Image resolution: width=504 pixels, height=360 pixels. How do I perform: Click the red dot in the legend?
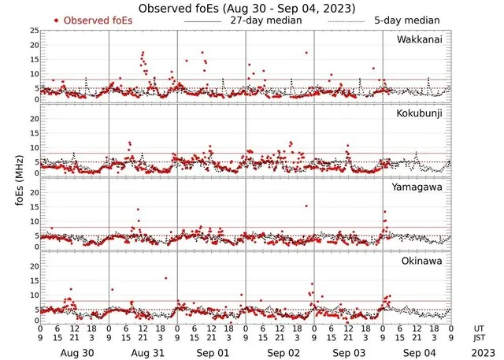[x=57, y=20]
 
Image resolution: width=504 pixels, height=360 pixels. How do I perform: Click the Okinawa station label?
[x=424, y=260]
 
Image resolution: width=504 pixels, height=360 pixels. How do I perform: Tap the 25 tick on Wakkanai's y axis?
[x=34, y=30]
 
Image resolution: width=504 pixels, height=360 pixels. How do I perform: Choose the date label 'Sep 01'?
[x=212, y=354]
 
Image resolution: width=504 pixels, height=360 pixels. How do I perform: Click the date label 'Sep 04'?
[x=417, y=354]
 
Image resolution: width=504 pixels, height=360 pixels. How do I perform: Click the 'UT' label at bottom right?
[x=480, y=328]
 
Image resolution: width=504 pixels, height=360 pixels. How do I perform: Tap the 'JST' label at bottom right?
[x=480, y=339]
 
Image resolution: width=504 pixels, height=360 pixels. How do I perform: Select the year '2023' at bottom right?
[x=479, y=354]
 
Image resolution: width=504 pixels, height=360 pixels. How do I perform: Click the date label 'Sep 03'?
[x=348, y=354]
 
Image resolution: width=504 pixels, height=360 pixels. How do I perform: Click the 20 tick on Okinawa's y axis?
[x=34, y=266]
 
